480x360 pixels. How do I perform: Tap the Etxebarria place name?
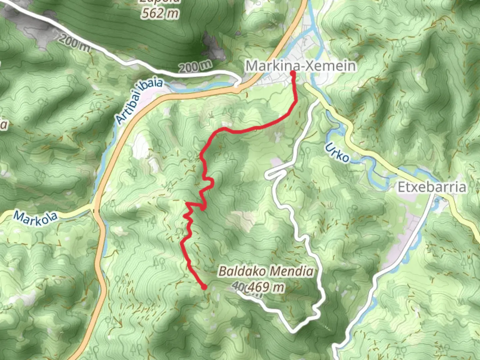pos(432,187)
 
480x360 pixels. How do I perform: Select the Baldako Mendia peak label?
pos(266,271)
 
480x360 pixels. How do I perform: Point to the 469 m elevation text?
pos(266,287)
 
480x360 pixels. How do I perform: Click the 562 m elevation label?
pos(160,13)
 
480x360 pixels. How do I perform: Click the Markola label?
pos(35,218)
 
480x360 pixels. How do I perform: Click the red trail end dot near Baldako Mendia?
pos(204,287)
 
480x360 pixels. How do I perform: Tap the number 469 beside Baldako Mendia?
pos(259,287)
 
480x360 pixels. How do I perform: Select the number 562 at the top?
pos(153,13)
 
